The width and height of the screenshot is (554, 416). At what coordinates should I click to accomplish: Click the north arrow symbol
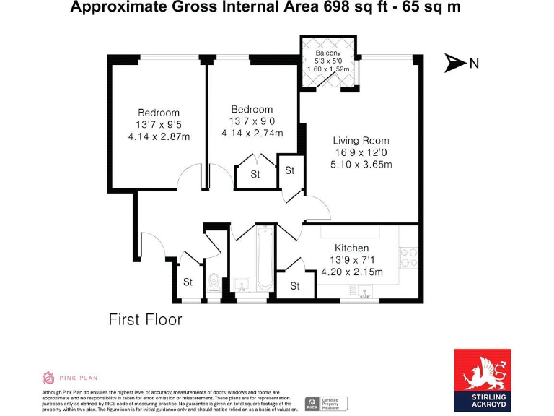coord(454,64)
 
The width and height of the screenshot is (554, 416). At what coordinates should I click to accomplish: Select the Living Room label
coord(361,141)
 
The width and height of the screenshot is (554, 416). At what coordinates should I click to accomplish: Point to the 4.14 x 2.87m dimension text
coord(159,136)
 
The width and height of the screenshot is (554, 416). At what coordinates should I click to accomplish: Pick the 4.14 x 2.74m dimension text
coord(252,133)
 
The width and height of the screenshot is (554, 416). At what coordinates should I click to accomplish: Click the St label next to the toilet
coord(188,282)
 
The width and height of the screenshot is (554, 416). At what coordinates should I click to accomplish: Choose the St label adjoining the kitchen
coord(294,286)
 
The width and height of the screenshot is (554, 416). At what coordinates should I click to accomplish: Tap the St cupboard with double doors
coord(255,174)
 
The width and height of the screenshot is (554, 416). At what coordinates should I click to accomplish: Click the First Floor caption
coord(145,318)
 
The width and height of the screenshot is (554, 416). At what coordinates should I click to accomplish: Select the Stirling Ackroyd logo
coord(482,380)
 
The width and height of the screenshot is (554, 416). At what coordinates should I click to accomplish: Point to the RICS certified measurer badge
coord(325,403)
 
